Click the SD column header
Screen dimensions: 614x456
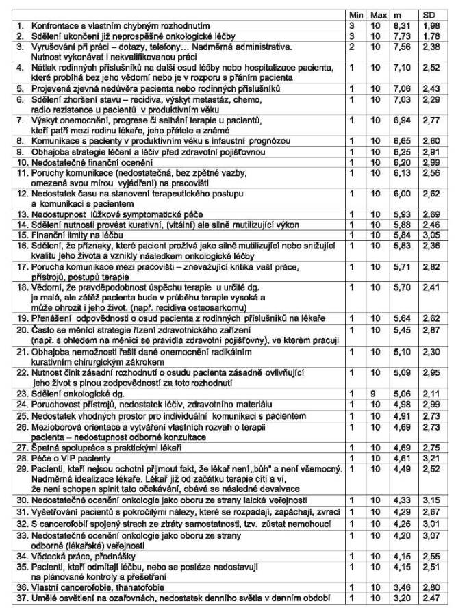tap(427, 14)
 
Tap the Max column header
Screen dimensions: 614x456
tap(379, 14)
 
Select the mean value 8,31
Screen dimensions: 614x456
tap(403, 25)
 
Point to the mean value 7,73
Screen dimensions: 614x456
tap(403, 35)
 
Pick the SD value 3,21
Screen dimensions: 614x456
tap(427, 455)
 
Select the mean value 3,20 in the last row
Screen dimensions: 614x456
tap(403, 600)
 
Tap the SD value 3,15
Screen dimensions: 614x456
tap(427, 501)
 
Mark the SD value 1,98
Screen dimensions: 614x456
tap(427, 25)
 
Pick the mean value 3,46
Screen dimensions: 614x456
tap(403, 589)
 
